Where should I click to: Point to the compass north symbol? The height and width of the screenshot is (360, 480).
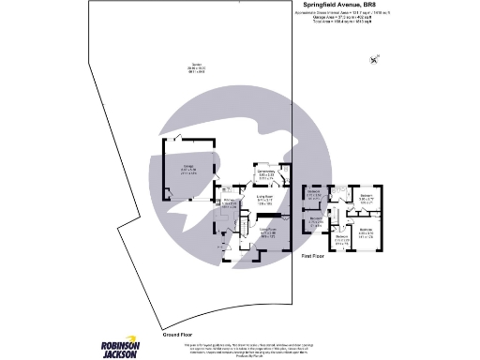(x=375, y=61)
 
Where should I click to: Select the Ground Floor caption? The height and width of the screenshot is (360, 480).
(x=178, y=334)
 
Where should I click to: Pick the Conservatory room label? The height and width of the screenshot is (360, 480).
(x=266, y=172)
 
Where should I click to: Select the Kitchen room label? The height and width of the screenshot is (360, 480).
(x=228, y=204)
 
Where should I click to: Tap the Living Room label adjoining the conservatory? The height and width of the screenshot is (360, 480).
(x=265, y=199)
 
